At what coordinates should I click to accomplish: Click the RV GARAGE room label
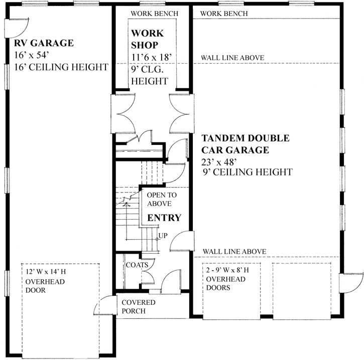[44, 43]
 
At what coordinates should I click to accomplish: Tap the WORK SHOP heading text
[147, 39]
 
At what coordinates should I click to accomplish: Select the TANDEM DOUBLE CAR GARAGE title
[245, 144]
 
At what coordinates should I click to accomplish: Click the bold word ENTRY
[164, 218]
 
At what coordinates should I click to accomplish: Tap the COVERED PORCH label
[139, 307]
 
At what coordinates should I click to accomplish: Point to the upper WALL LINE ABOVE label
[232, 58]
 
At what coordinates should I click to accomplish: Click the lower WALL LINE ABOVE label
[234, 251]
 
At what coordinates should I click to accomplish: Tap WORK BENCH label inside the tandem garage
[223, 14]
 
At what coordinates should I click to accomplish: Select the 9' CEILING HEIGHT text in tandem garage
[247, 172]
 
